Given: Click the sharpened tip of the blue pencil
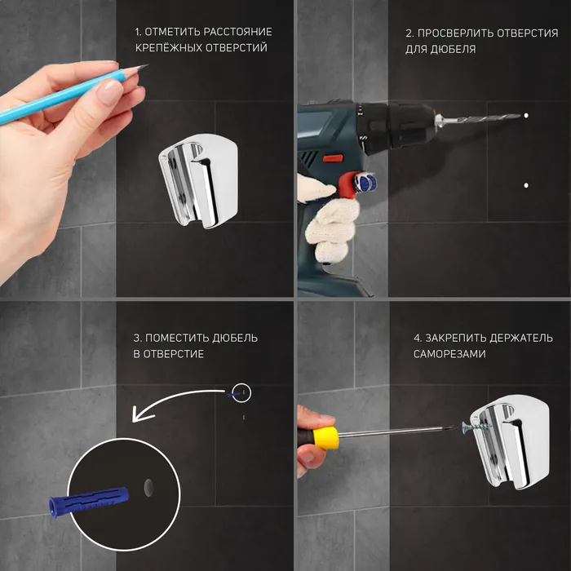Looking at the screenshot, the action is pos(148,65).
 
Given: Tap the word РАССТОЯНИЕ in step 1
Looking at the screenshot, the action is pos(238,32).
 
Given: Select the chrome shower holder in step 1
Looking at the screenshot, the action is pos(198,181).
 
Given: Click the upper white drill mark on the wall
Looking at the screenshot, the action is pos(526,116).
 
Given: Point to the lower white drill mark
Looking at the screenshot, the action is pos(526,185).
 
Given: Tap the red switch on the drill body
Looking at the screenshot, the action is pos(333,158).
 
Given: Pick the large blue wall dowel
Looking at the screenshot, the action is pos(89,500).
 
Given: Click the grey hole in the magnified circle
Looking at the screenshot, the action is pos(148,488).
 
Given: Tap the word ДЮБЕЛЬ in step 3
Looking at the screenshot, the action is pos(235,338).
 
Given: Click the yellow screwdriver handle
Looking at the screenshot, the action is pos(325,439).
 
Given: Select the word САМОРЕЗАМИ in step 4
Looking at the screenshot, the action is pos(449,354).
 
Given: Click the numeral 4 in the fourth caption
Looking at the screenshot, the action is pos(417,339).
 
